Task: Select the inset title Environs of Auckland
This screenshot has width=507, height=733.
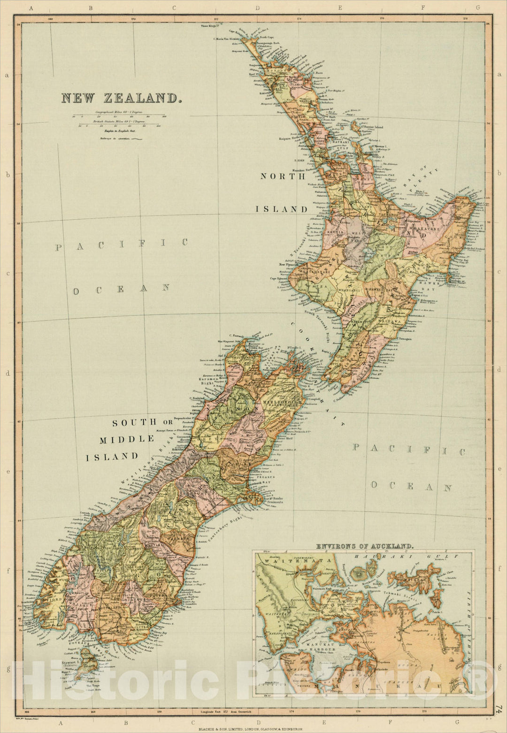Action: click(364, 547)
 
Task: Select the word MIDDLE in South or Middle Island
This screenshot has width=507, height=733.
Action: click(127, 439)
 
